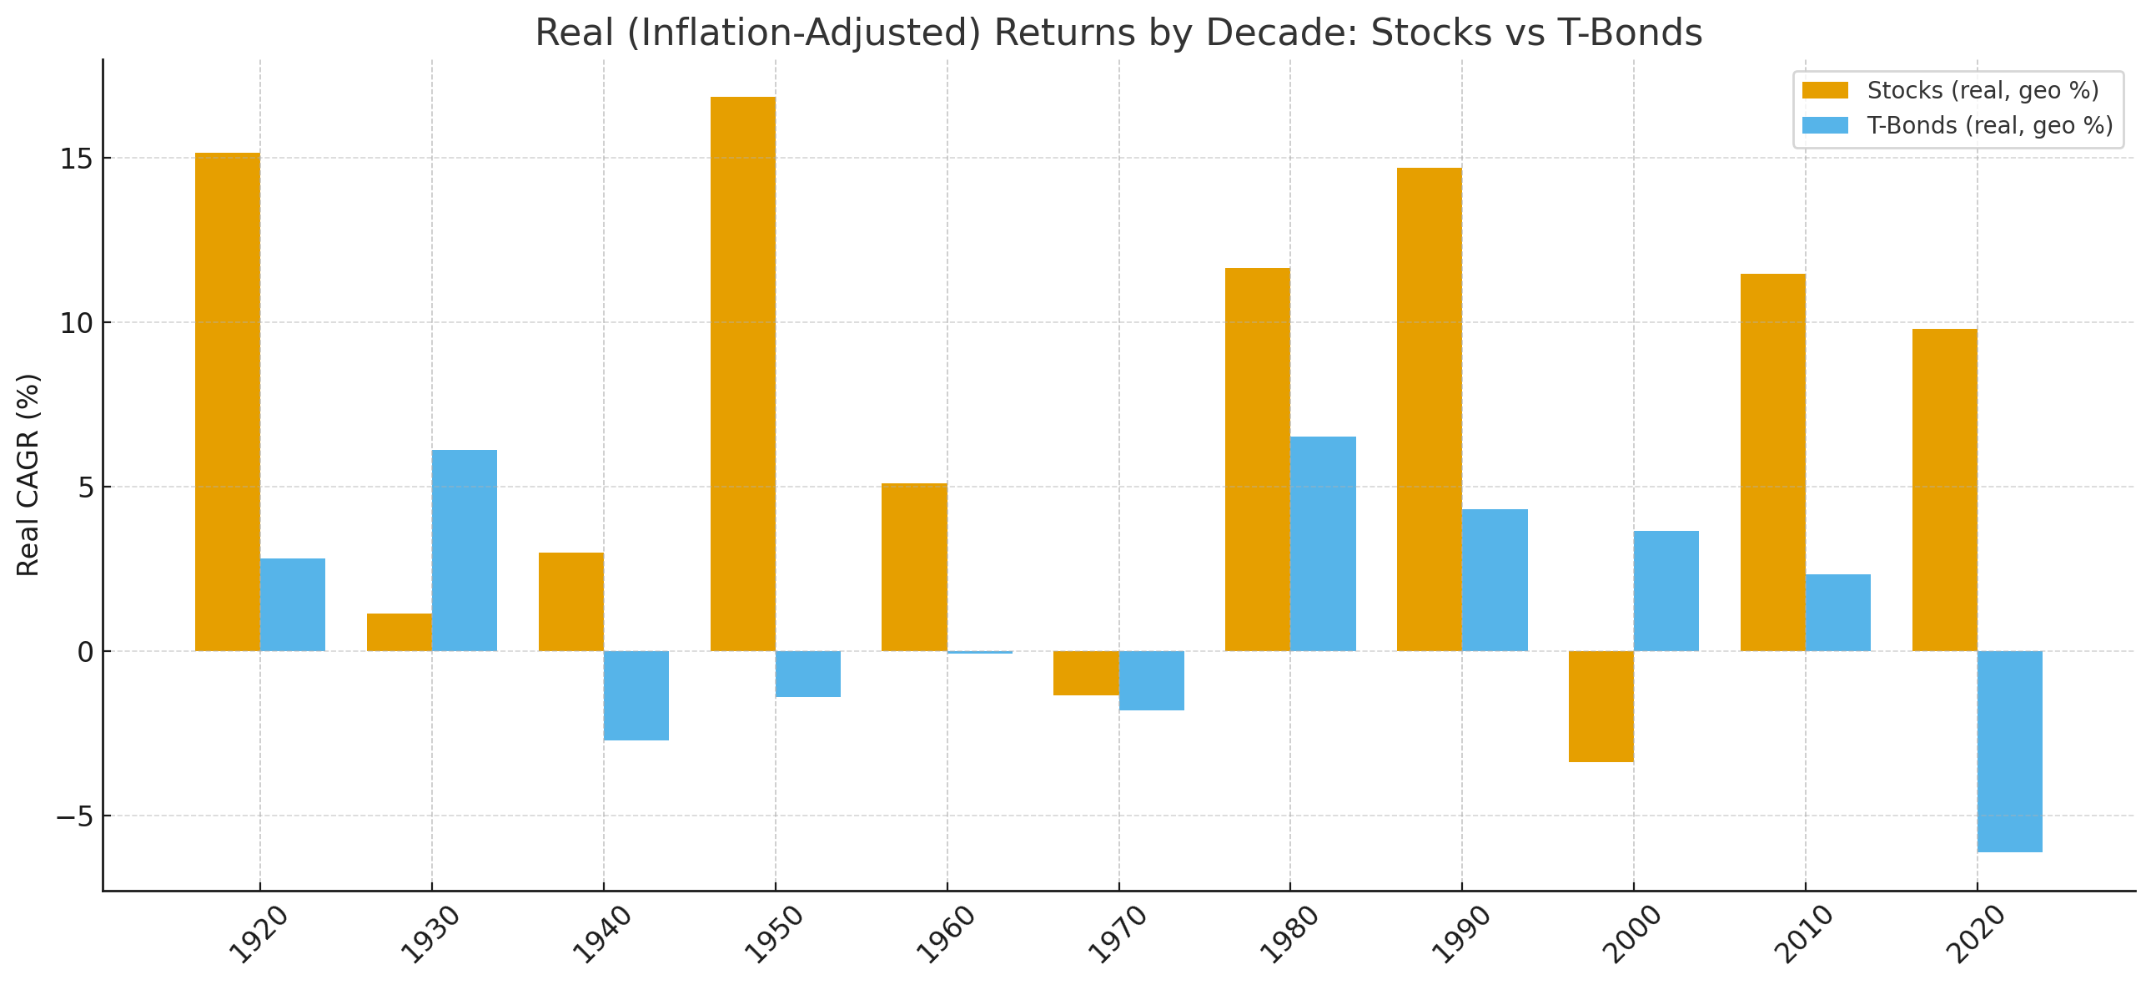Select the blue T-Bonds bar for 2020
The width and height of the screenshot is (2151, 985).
[x=2009, y=751]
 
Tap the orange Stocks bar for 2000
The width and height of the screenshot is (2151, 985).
[x=1601, y=706]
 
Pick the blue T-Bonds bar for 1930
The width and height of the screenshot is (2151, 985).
[x=465, y=551]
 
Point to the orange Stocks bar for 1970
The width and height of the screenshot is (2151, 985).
[x=1086, y=673]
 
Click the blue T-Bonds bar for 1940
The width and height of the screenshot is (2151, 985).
[x=636, y=695]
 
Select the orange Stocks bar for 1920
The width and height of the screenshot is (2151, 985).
[x=227, y=402]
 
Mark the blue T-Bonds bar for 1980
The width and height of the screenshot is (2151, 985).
[x=1323, y=544]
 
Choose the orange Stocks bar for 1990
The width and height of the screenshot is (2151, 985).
[x=1429, y=409]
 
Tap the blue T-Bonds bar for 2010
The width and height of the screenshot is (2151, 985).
[x=1838, y=613]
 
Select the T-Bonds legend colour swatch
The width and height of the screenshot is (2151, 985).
[x=1825, y=125]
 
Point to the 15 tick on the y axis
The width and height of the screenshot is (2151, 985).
[x=75, y=159]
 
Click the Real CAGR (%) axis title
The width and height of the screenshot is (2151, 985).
[x=28, y=474]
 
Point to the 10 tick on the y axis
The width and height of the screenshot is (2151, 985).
[x=75, y=323]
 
